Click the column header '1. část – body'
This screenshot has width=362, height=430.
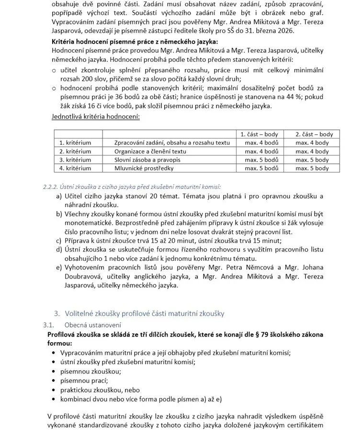(259, 134)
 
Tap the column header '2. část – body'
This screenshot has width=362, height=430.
(314, 134)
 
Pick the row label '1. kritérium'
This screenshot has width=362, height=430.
(75, 143)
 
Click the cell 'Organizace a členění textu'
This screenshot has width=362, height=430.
(150, 151)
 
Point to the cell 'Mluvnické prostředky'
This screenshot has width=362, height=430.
(144, 168)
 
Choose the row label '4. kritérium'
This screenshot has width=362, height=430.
(75, 168)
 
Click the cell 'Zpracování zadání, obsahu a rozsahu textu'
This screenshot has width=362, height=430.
(172, 143)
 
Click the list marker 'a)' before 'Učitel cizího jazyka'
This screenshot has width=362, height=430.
(59, 196)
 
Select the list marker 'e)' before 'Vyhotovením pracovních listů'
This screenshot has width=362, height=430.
(59, 267)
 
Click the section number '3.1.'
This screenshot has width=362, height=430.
(49, 325)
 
